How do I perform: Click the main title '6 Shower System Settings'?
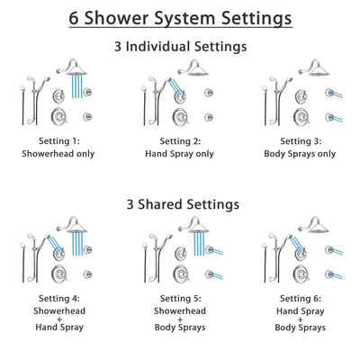[x=180, y=18]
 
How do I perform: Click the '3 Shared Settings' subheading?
[x=180, y=204]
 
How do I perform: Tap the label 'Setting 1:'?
[x=59, y=141]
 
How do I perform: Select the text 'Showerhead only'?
[x=59, y=154]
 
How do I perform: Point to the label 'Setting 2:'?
[x=180, y=141]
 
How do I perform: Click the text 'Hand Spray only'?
[x=180, y=154]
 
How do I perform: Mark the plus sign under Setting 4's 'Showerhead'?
[x=59, y=319]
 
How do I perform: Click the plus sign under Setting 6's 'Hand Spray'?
[x=300, y=319]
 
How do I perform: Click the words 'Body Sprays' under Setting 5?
[x=180, y=329]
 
